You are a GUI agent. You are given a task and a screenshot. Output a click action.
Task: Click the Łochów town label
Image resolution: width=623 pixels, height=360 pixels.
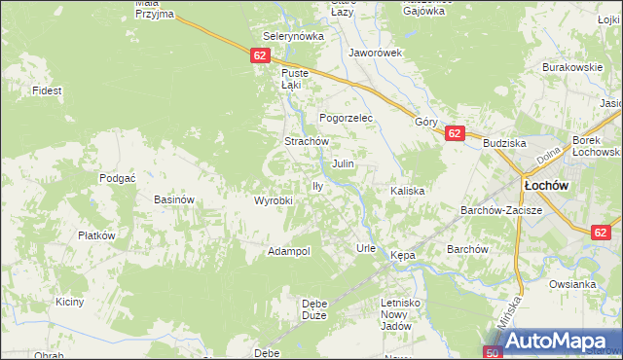546,184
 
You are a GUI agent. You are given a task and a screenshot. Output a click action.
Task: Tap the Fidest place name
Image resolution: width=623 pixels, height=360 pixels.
47,90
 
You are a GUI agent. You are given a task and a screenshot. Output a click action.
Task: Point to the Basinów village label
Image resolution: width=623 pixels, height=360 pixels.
175,199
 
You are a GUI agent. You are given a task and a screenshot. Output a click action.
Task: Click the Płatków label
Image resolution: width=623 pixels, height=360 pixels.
97,235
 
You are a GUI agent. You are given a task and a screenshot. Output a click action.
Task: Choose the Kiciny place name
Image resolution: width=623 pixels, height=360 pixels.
69,302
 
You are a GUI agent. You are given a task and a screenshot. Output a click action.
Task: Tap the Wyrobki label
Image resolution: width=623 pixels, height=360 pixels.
274,200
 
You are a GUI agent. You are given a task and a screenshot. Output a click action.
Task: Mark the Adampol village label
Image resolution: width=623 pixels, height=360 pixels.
289,251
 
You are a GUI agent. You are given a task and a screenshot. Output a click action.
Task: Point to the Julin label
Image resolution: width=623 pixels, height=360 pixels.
343,163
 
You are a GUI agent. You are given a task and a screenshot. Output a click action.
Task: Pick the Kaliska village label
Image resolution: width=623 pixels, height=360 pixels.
408,191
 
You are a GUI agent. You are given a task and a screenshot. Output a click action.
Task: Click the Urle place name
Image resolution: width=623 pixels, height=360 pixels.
366,248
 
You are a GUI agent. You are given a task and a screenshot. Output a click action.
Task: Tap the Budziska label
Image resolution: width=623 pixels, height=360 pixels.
504,143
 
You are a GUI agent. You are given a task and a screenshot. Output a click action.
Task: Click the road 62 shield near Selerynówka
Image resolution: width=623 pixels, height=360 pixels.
259,56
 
